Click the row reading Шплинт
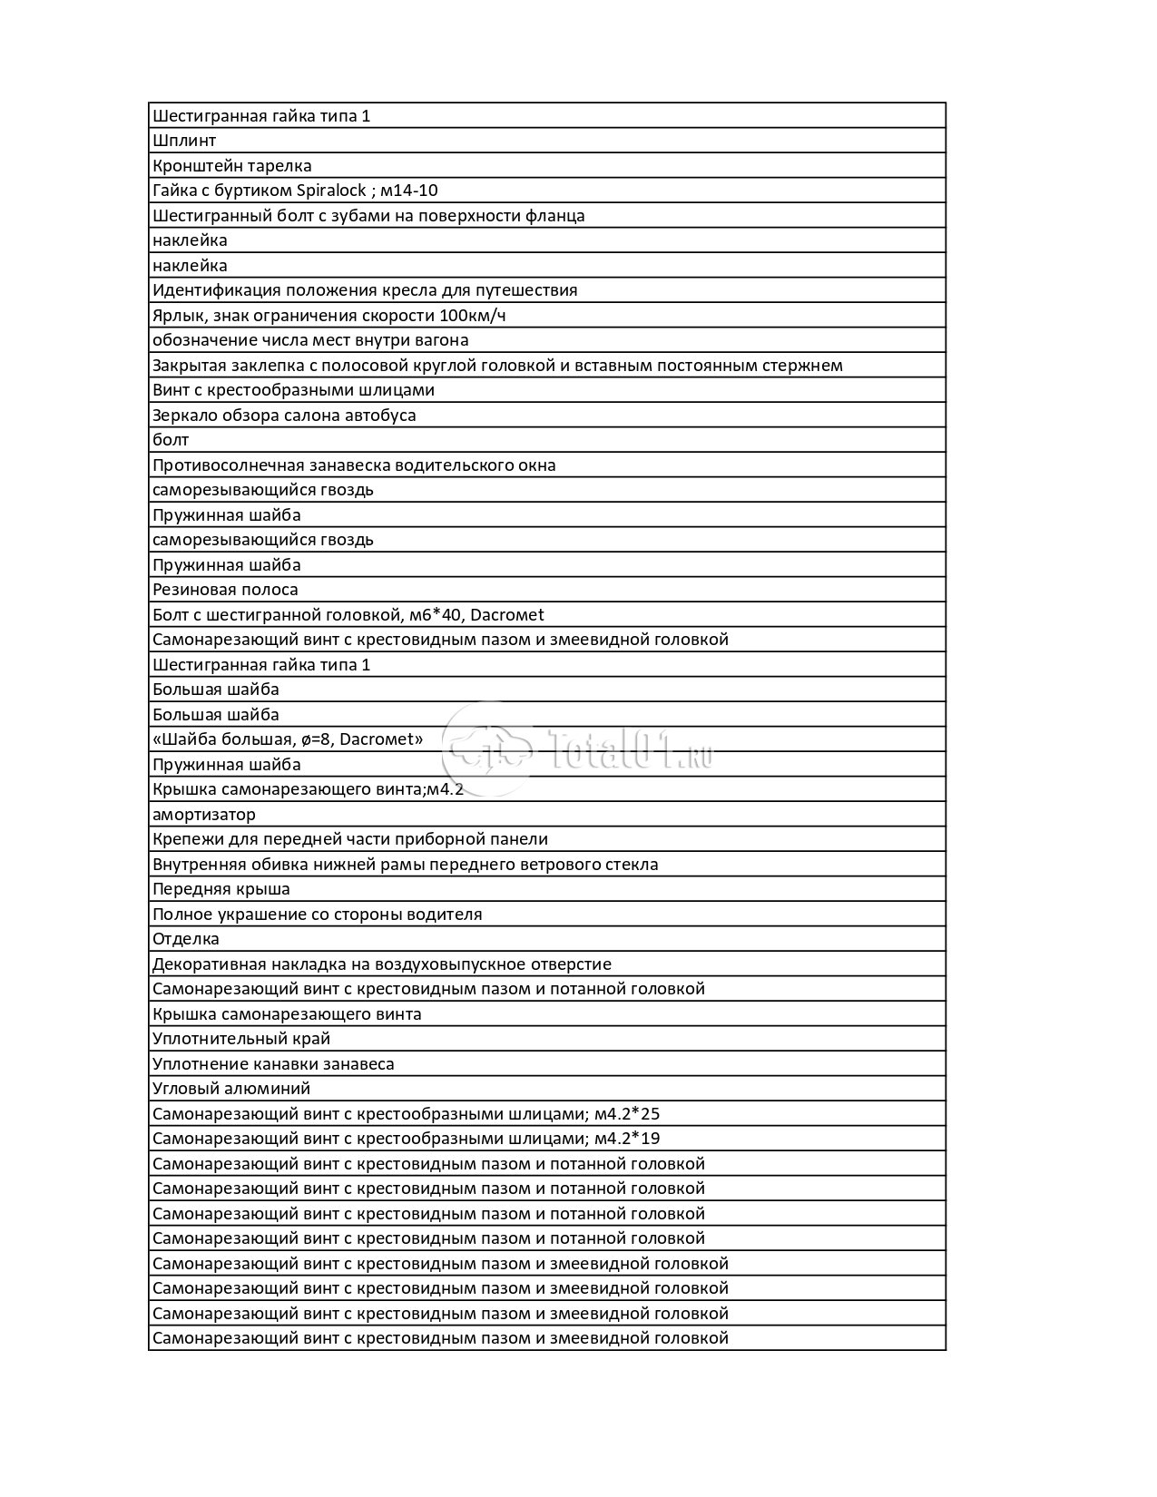[184, 141]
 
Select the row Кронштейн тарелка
[232, 166]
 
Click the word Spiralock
[332, 191]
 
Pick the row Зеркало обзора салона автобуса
[284, 416]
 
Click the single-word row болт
[171, 440]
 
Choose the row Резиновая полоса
[225, 590]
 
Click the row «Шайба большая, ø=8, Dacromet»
[288, 739]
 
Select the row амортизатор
[204, 815]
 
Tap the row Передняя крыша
[221, 889]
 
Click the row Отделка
[186, 939]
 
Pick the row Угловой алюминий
[231, 1089]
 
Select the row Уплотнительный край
[241, 1039]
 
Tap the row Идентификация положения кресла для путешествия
[365, 290]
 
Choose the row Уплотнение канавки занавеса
[273, 1064]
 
